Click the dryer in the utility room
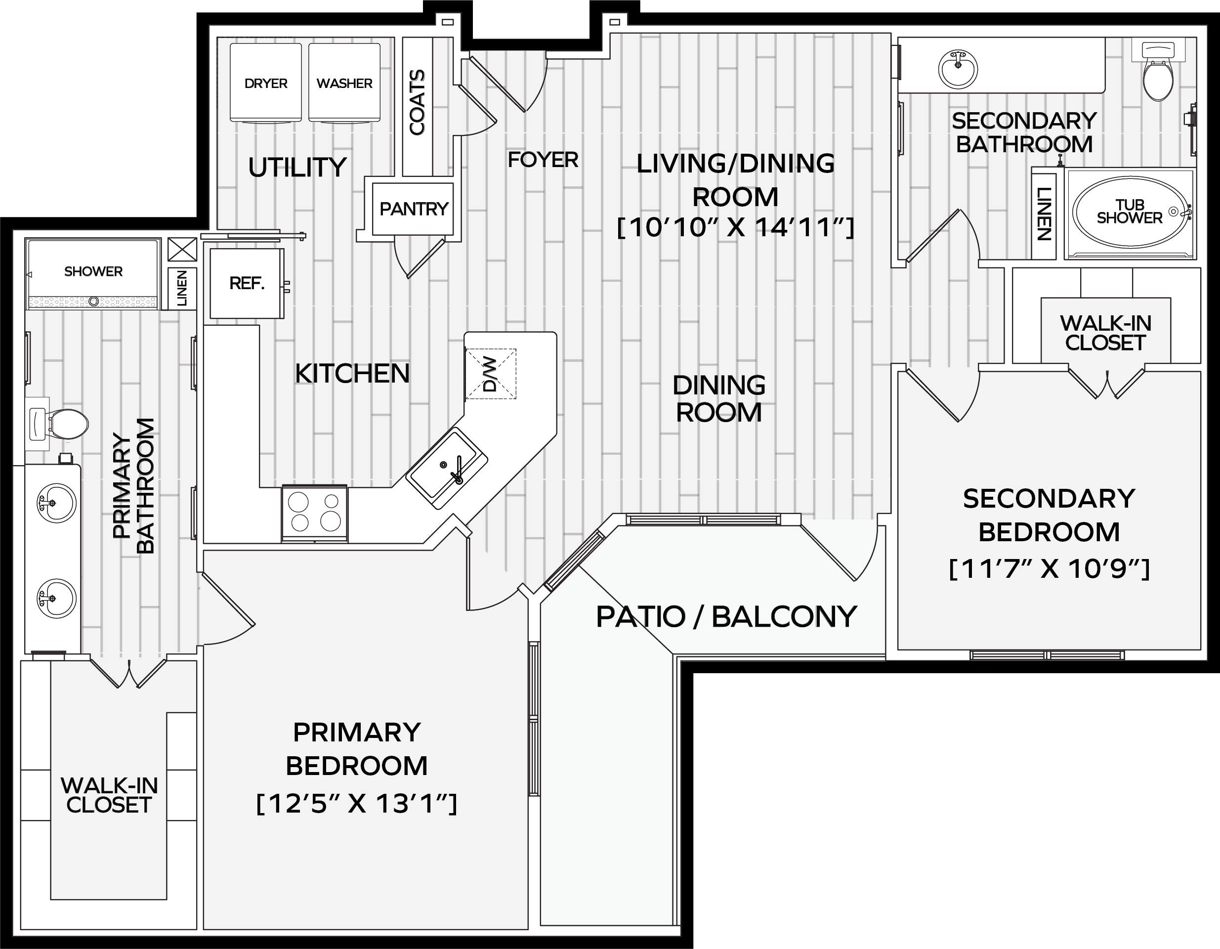tap(266, 82)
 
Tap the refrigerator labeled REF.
tap(247, 283)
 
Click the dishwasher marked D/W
tap(491, 374)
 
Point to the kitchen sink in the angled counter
tap(446, 469)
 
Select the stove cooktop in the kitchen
tap(314, 514)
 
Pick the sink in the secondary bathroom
tap(959, 69)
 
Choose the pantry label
tap(414, 209)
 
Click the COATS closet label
tap(417, 102)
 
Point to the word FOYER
tap(543, 160)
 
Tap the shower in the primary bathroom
tap(93, 273)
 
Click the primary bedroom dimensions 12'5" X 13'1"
tap(356, 804)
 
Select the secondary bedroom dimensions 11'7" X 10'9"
tap(1049, 569)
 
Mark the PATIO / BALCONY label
tap(726, 616)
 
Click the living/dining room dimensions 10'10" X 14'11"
tap(736, 227)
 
